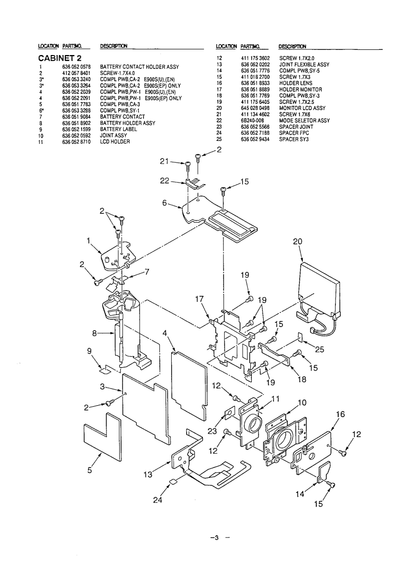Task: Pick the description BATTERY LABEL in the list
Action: coord(118,130)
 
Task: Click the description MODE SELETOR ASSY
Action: coord(304,121)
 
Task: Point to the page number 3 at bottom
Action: coord(216,538)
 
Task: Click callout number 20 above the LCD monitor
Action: coord(298,242)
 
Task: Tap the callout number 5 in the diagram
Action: coord(89,470)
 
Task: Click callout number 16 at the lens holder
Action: coord(341,414)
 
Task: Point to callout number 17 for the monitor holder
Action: coord(199,299)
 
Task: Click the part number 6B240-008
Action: coord(253,121)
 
